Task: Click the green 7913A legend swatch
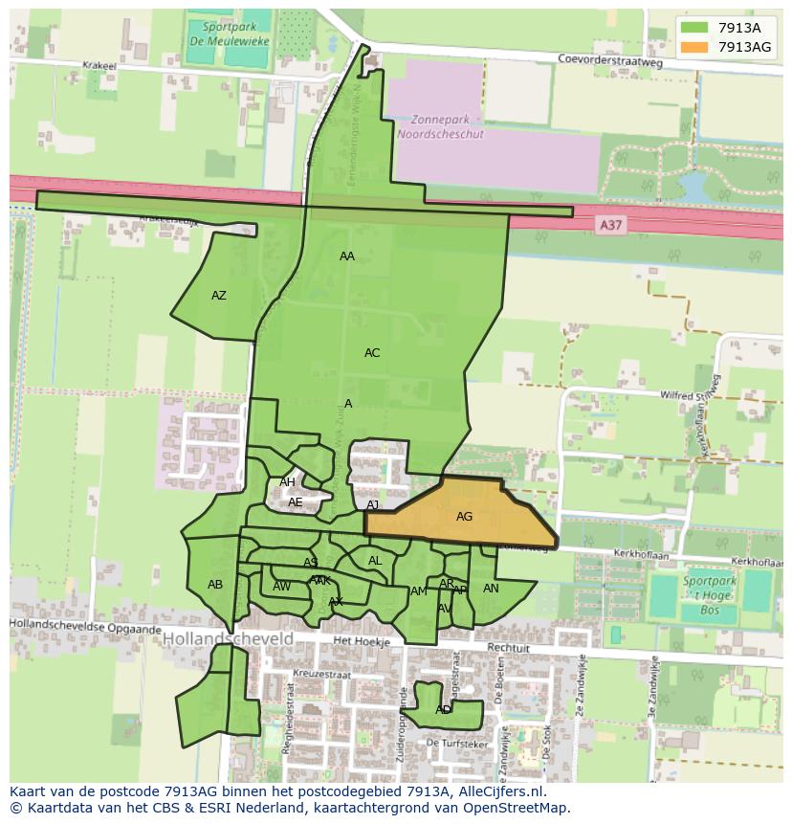click(695, 28)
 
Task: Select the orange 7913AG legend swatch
click(695, 47)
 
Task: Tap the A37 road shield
click(608, 224)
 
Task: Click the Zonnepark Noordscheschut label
click(447, 127)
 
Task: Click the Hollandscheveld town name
click(228, 637)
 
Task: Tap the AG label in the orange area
click(464, 517)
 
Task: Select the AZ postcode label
click(219, 296)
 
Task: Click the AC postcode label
click(372, 353)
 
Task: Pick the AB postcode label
click(215, 585)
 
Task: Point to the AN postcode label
click(491, 589)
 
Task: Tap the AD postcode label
click(443, 710)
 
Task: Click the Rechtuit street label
click(508, 648)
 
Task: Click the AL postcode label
click(375, 561)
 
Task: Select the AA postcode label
click(347, 256)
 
